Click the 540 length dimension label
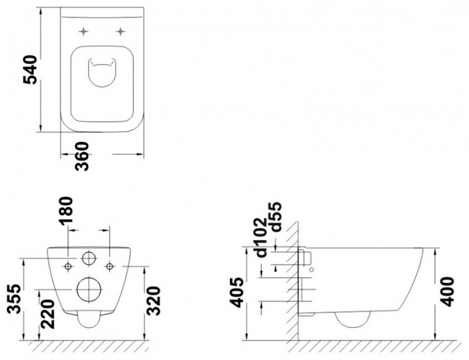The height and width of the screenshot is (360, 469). [30, 69]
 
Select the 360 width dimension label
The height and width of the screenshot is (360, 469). [82, 156]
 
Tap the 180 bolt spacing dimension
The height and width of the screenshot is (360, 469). [66, 211]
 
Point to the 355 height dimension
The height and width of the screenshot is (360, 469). [14, 299]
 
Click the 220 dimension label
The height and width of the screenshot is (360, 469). [48, 314]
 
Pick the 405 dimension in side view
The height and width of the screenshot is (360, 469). [238, 292]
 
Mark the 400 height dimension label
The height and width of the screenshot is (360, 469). [448, 291]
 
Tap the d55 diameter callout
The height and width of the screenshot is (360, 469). [275, 217]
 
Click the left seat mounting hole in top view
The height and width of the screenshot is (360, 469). [83, 31]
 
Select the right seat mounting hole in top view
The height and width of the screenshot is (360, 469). [120, 31]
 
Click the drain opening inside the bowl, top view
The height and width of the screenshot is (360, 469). [102, 73]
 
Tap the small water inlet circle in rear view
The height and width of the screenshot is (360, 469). [89, 258]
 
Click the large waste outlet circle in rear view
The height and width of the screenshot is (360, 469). [89, 289]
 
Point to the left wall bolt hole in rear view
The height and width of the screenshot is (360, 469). [68, 266]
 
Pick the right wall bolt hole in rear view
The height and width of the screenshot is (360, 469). [110, 266]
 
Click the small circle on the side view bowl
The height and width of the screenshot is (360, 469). [311, 269]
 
